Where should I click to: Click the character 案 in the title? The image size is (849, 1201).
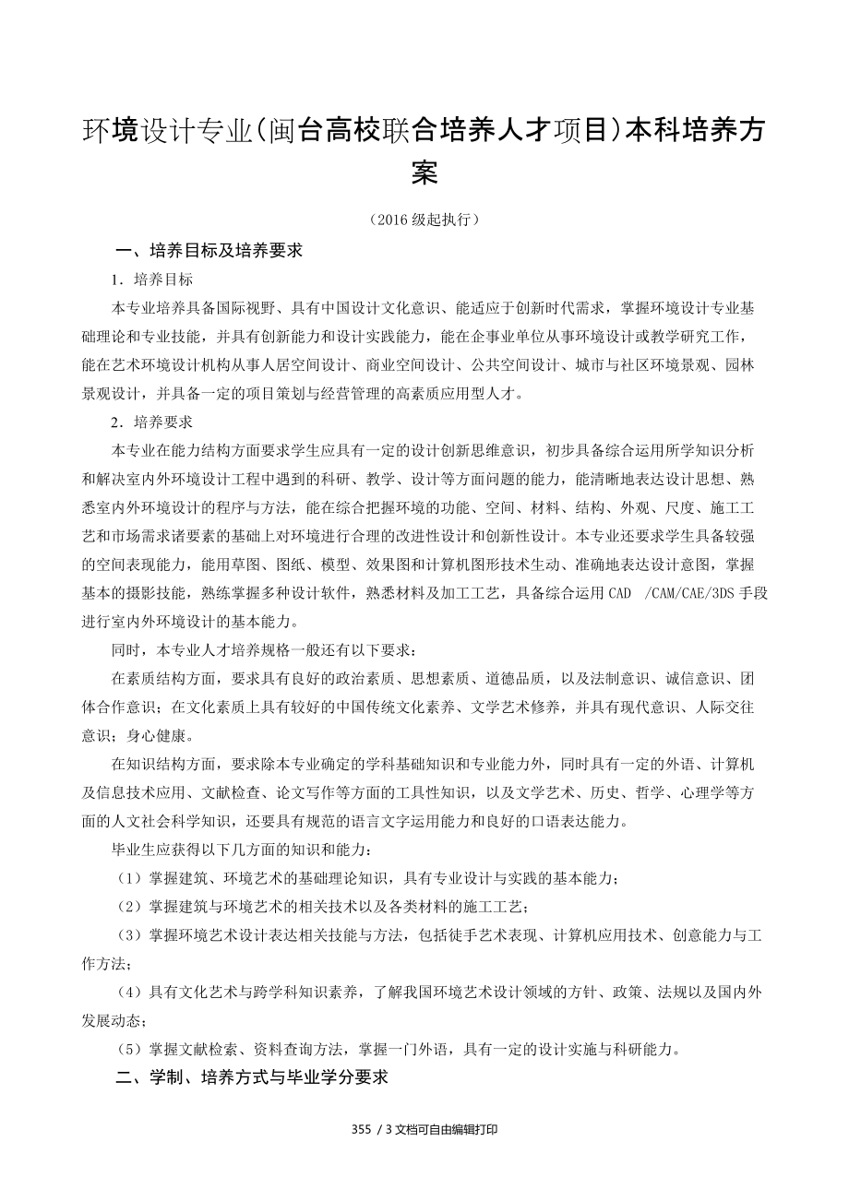tap(424, 172)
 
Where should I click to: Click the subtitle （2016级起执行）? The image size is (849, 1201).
tap(424, 220)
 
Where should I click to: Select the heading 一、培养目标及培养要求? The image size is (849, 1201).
tap(209, 250)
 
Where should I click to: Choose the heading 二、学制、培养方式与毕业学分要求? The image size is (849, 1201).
tap(251, 1077)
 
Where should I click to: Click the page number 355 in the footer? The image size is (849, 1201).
tap(362, 1130)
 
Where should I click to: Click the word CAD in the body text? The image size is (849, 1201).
tap(620, 594)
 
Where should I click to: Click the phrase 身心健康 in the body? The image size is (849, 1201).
tap(165, 737)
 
